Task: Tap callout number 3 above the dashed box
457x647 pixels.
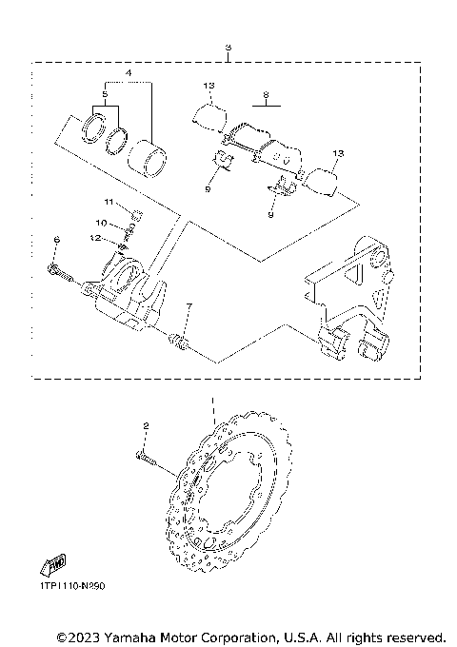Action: [x=228, y=47]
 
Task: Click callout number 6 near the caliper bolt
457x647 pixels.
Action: [x=56, y=239]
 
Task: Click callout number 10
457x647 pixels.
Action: [x=114, y=223]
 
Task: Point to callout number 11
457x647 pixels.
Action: [x=109, y=203]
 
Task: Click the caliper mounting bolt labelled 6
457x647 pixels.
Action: [x=62, y=276]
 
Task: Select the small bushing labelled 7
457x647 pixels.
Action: [x=176, y=340]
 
